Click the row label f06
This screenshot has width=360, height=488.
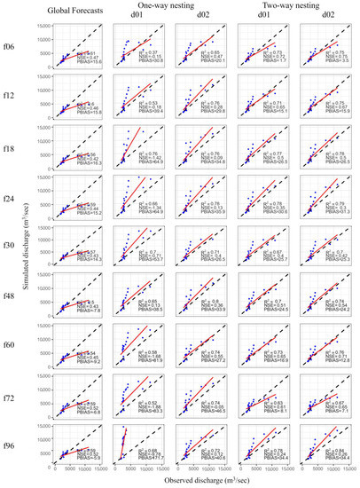(x=8, y=46)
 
